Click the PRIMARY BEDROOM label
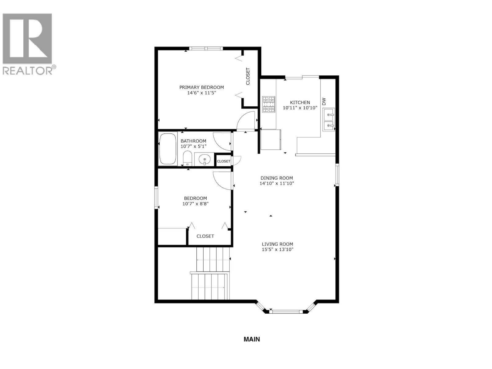201,87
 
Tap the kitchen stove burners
268,104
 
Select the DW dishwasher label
324,101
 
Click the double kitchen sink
328,120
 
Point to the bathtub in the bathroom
168,149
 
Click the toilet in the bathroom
187,158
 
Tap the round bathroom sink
204,160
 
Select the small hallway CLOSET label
224,161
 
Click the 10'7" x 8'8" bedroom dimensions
196,204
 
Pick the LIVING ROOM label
277,244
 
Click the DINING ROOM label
277,178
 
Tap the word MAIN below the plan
252,339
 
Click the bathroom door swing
222,141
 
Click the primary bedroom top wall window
206,48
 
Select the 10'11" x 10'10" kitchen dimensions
300,108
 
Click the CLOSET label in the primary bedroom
248,76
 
